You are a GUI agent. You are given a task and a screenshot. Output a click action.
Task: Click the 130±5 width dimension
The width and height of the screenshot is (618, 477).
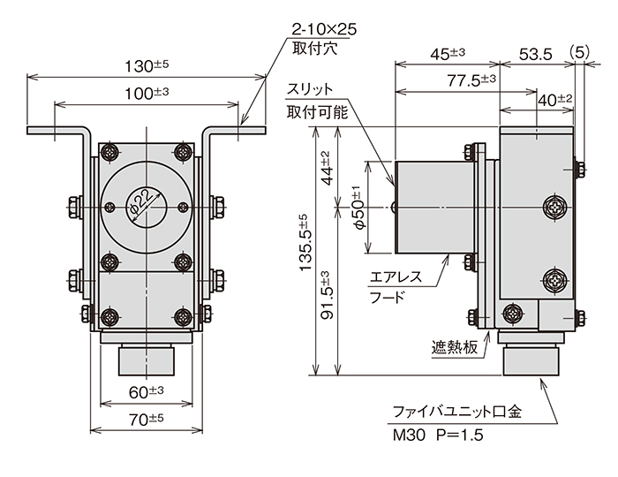[x=147, y=65]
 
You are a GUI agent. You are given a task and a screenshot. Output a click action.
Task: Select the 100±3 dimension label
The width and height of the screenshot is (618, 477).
[x=147, y=93]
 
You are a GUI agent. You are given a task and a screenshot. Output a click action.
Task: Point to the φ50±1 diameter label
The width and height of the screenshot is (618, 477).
[x=358, y=208]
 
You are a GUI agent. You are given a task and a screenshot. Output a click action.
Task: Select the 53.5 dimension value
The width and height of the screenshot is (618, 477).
[x=535, y=54]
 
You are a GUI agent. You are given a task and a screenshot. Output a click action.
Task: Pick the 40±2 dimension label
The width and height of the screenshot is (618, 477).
[x=555, y=101]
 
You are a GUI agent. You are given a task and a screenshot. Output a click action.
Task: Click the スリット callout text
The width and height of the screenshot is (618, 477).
[x=310, y=90]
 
